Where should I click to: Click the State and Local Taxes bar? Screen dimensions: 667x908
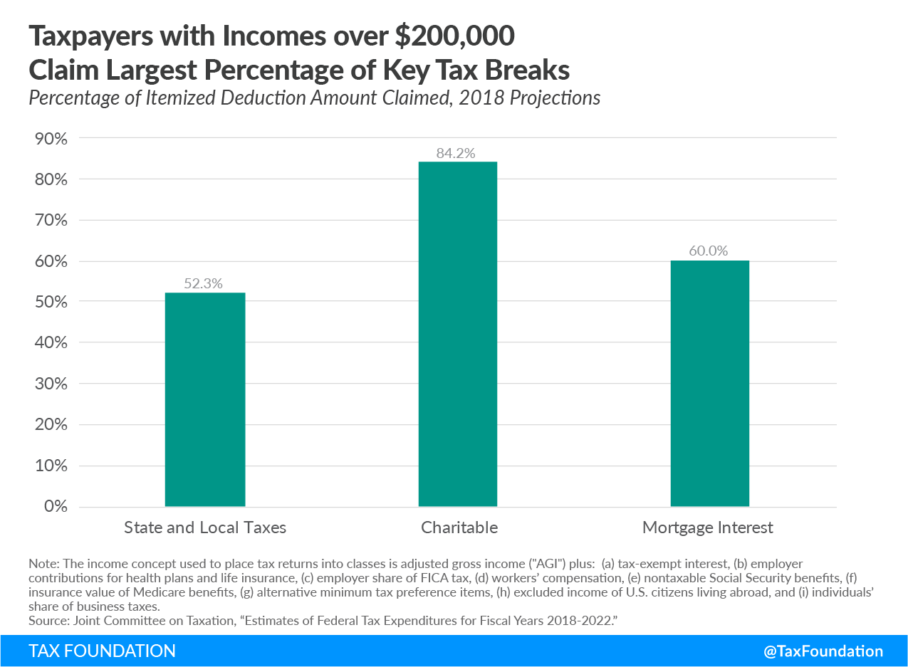pos(205,399)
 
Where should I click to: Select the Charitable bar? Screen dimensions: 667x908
pos(457,334)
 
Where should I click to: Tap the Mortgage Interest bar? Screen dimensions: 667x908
pos(709,384)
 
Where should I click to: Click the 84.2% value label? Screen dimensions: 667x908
pos(457,153)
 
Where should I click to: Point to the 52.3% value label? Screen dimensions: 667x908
pos(204,283)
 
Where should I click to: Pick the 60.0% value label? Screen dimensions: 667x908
pos(709,251)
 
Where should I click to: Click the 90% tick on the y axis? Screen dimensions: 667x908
pos(51,139)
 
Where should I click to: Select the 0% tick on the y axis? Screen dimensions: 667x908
pos(54,507)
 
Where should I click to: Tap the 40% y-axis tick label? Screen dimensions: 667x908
pos(51,343)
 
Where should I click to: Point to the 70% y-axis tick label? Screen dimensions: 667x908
pos(51,221)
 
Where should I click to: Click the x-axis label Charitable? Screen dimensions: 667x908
pos(459,527)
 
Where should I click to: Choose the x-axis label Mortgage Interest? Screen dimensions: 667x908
pos(707,527)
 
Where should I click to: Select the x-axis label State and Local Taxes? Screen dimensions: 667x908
pos(205,527)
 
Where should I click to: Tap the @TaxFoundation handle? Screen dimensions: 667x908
pos(824,651)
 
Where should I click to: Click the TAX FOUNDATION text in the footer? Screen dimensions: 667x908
pos(102,651)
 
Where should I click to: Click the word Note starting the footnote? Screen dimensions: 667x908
pos(41,563)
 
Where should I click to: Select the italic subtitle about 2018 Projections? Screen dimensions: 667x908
pos(314,98)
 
